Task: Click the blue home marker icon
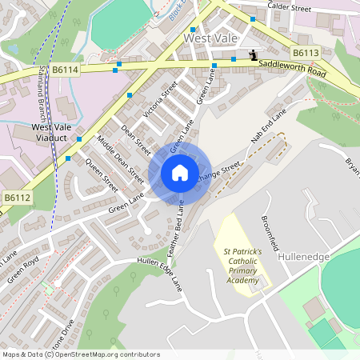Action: click(180, 173)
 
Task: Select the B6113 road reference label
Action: click(306, 53)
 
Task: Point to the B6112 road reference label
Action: click(17, 198)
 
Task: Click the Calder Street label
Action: click(288, 8)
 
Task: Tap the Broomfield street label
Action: click(273, 230)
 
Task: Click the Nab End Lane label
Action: click(267, 127)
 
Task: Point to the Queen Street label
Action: click(102, 176)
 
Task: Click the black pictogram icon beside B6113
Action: click(254, 55)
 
